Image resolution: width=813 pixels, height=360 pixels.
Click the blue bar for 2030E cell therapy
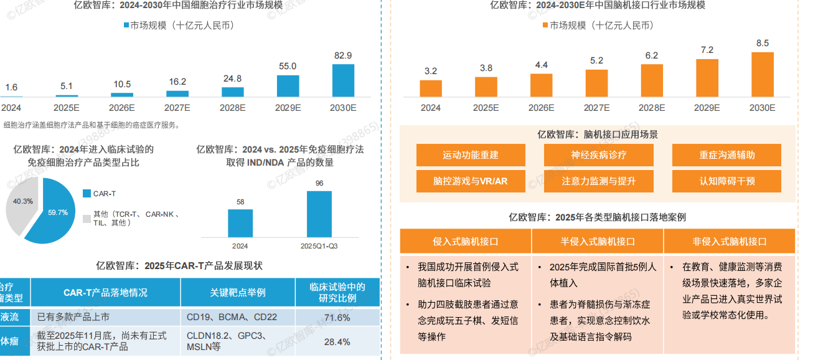[x=343, y=80]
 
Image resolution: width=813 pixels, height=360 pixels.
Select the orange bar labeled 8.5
[x=762, y=74]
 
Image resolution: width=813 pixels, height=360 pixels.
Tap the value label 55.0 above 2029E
[x=288, y=66]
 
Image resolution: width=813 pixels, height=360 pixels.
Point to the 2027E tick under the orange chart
[x=596, y=108]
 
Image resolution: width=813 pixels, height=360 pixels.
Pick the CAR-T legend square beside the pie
[x=87, y=194]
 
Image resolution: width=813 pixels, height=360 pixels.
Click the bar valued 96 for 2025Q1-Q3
[x=319, y=214]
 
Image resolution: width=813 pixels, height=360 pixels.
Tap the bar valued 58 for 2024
[x=240, y=223]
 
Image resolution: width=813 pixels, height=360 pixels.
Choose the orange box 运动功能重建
[x=471, y=155]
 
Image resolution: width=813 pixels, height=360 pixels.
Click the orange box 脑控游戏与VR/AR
[x=471, y=181]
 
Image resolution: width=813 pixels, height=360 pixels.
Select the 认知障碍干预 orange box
[x=726, y=181]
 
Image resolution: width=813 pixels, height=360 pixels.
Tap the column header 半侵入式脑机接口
[x=598, y=242]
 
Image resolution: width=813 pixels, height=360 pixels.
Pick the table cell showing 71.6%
[x=337, y=318]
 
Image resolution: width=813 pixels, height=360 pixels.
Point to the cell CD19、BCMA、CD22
[x=238, y=318]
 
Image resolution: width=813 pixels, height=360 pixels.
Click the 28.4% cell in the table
[x=337, y=341]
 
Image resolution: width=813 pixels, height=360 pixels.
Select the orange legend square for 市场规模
[x=545, y=26]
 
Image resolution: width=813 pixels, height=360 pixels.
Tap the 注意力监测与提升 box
[x=598, y=181]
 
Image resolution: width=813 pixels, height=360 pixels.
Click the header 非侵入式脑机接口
[x=730, y=242]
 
